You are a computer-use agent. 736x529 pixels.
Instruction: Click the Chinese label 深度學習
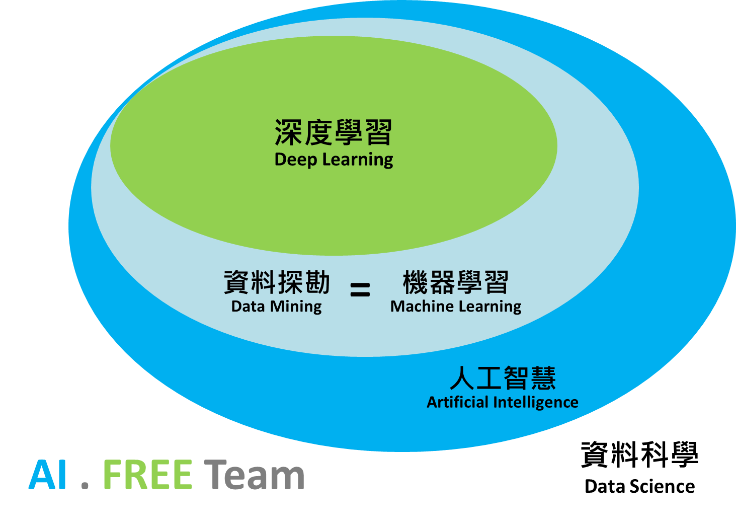pyautogui.click(x=333, y=132)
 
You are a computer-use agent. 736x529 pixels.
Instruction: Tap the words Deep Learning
pyautogui.click(x=334, y=160)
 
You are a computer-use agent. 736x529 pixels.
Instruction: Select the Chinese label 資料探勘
pyautogui.click(x=277, y=282)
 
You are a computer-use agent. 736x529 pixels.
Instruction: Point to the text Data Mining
pyautogui.click(x=276, y=306)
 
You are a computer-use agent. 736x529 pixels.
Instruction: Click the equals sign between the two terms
pyautogui.click(x=360, y=289)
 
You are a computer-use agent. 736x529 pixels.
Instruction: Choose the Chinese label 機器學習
pyautogui.click(x=456, y=282)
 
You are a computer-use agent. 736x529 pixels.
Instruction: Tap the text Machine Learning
pyautogui.click(x=456, y=306)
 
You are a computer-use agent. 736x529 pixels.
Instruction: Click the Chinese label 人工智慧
pyautogui.click(x=503, y=378)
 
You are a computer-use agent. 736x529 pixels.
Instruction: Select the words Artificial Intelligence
pyautogui.click(x=503, y=402)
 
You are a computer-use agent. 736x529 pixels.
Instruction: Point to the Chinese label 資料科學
pyautogui.click(x=639, y=455)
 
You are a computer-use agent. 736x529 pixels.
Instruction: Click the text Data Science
pyautogui.click(x=639, y=486)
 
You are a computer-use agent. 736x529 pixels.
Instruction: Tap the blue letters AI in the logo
pyautogui.click(x=48, y=475)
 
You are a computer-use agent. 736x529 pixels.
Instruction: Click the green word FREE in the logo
pyautogui.click(x=147, y=475)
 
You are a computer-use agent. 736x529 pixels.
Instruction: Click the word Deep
pyautogui.click(x=296, y=160)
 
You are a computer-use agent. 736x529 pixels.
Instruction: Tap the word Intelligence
pyautogui.click(x=536, y=403)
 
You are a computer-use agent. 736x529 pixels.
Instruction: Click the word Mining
pyautogui.click(x=296, y=307)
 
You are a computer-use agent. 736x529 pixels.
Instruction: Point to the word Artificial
pyautogui.click(x=458, y=402)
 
